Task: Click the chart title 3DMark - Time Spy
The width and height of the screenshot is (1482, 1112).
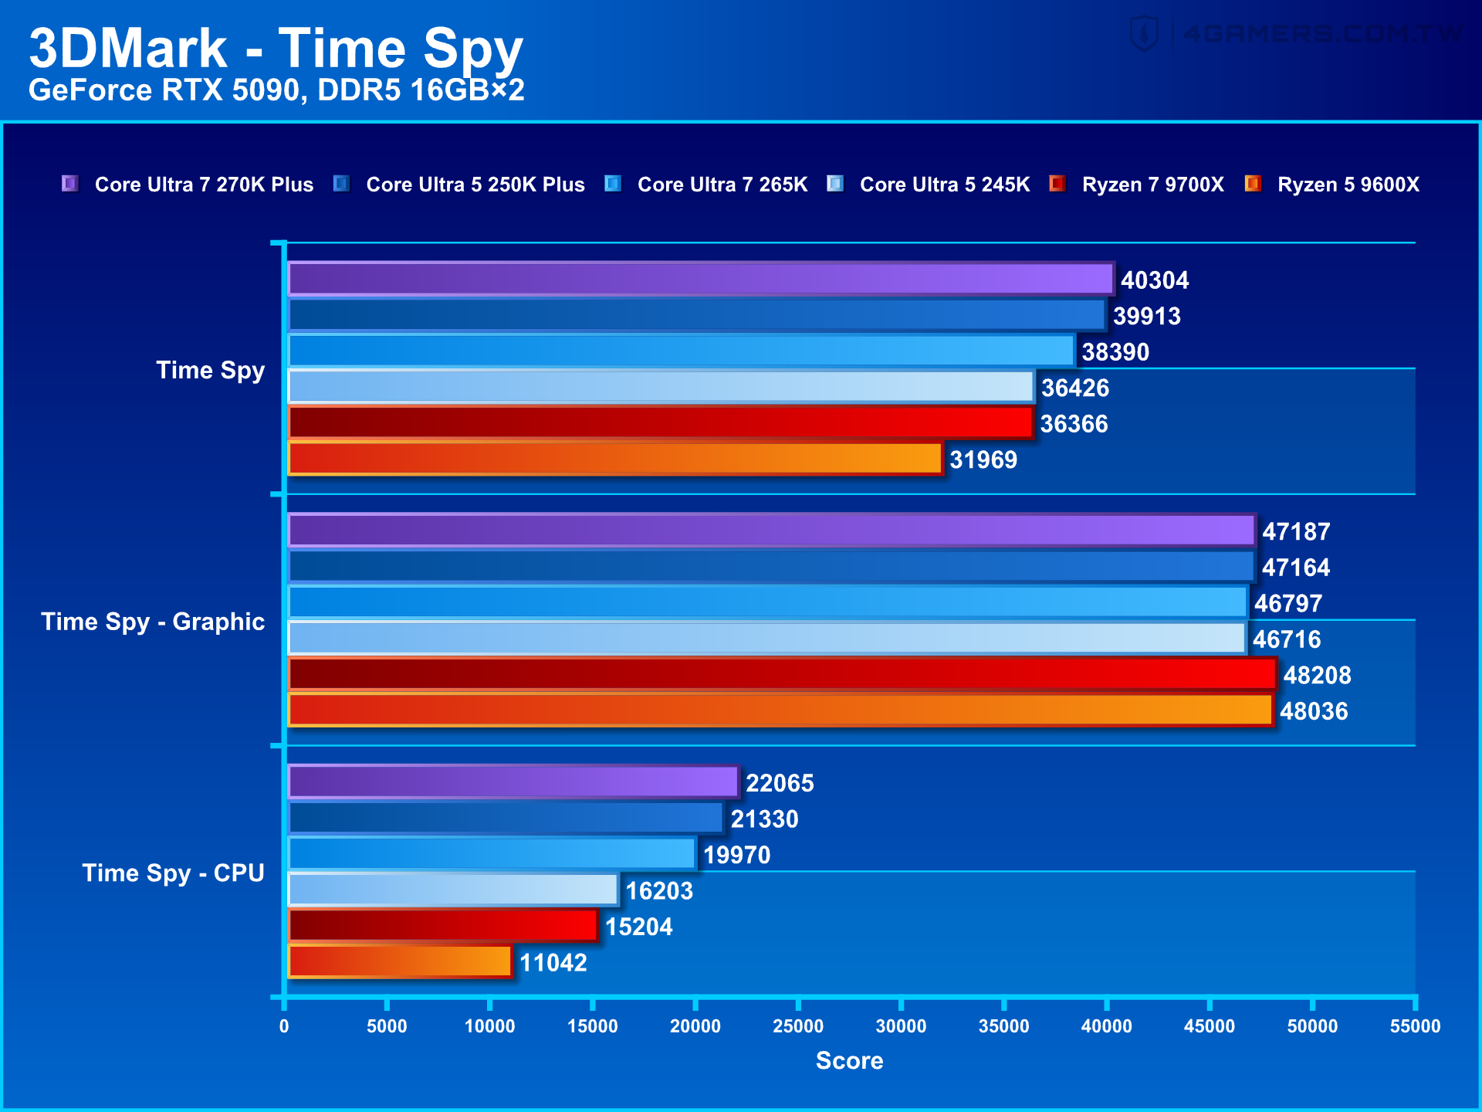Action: tap(276, 48)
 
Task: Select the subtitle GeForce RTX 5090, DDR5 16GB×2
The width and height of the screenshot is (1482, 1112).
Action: tap(276, 90)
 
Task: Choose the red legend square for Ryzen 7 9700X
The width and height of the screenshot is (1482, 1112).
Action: tap(1057, 184)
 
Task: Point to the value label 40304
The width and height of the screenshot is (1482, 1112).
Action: tap(1154, 280)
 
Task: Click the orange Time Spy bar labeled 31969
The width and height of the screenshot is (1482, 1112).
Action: tap(614, 459)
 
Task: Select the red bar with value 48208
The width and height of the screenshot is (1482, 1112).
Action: tap(781, 674)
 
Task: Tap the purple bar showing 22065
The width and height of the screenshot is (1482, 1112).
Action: tap(513, 782)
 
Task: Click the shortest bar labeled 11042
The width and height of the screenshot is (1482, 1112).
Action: tap(400, 962)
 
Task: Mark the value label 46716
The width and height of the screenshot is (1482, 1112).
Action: tap(1286, 639)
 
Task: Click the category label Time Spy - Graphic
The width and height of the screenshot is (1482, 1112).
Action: tap(153, 622)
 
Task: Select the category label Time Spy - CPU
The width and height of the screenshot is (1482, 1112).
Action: tap(173, 873)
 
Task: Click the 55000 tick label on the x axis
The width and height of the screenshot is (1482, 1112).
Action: tap(1414, 1026)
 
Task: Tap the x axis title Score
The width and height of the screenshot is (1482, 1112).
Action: tap(849, 1060)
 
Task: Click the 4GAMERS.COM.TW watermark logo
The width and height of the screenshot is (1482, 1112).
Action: tap(1297, 34)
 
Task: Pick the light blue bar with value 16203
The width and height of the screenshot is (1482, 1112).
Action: tap(453, 890)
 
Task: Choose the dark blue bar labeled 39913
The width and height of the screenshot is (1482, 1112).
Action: tap(696, 315)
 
